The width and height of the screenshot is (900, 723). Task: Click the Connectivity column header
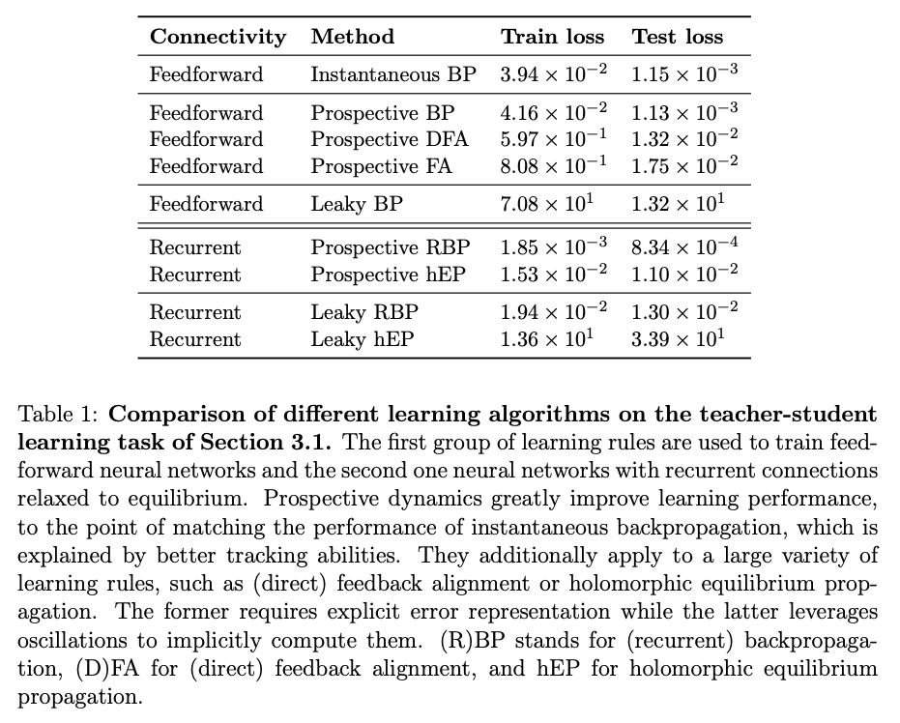(x=218, y=38)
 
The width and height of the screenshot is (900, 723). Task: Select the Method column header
(x=352, y=38)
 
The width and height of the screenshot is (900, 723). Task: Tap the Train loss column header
(x=552, y=38)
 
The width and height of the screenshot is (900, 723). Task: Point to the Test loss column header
(x=677, y=38)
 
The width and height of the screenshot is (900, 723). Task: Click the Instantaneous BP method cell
(x=393, y=74)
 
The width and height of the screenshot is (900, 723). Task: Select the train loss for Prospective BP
(x=554, y=112)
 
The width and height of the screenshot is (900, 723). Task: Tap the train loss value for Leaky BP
(x=546, y=204)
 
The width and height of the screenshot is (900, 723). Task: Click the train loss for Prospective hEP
(x=554, y=275)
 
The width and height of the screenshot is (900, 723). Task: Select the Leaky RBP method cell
(x=363, y=312)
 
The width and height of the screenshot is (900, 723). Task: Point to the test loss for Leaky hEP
(x=677, y=339)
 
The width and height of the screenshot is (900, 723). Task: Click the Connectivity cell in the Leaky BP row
(x=206, y=204)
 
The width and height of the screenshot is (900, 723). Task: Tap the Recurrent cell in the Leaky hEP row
(x=194, y=339)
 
